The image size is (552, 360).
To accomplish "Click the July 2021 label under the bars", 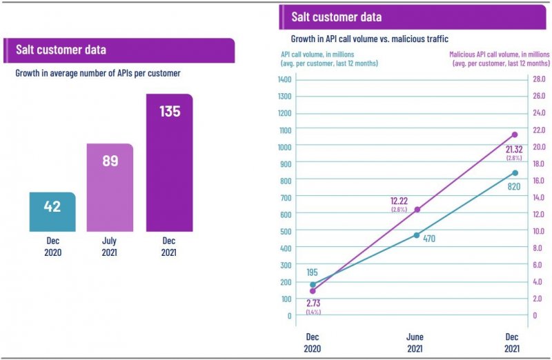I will click(x=109, y=247).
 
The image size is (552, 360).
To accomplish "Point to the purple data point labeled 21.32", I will click(x=514, y=134).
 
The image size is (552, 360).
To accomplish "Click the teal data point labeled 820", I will click(x=514, y=173).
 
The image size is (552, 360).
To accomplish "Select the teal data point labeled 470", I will click(x=417, y=235).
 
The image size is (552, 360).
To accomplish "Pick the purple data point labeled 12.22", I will click(x=417, y=209).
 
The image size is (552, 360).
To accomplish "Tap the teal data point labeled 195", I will click(x=313, y=284).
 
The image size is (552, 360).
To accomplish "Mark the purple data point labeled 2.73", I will click(x=313, y=291).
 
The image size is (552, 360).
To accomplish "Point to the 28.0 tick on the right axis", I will click(x=539, y=79).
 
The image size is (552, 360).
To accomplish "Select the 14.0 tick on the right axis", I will click(x=539, y=197).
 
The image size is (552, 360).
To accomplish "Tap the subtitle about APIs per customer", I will click(x=97, y=72).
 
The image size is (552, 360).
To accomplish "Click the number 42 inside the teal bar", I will click(x=52, y=206).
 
